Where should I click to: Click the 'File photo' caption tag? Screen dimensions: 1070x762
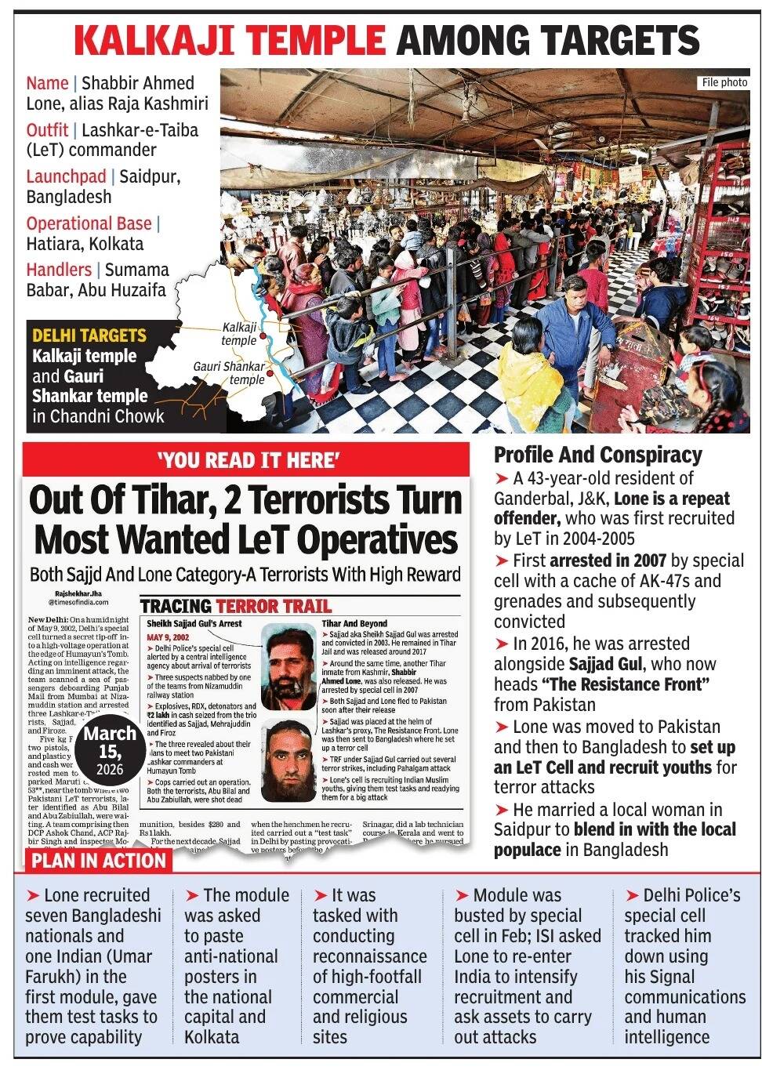point(724,82)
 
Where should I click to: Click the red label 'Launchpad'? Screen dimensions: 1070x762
point(66,177)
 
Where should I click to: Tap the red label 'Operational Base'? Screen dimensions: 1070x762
point(89,223)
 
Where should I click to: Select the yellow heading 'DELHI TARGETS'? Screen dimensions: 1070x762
point(89,336)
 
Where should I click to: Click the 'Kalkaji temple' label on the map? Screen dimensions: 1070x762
point(239,334)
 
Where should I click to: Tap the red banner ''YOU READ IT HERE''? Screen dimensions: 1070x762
point(248,460)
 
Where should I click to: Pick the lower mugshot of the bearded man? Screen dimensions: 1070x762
point(288,760)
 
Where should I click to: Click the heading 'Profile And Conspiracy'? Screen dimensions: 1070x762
point(597,455)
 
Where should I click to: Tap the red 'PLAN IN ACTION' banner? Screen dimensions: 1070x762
point(99,861)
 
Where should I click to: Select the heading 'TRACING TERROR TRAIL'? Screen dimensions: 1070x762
point(235,606)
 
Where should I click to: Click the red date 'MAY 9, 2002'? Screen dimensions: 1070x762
point(169,637)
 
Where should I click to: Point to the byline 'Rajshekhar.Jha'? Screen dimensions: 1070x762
point(78,593)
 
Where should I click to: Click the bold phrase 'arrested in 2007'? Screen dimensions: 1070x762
point(608,560)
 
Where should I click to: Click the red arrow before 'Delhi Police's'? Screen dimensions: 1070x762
point(632,896)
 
